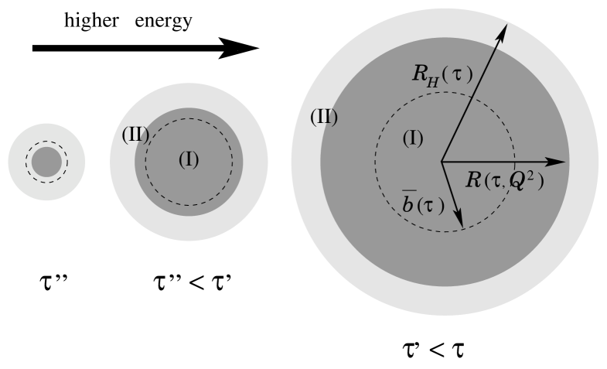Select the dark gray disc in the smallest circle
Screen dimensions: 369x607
[46, 162]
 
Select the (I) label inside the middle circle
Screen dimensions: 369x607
[189, 159]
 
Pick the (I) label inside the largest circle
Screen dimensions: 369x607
[414, 138]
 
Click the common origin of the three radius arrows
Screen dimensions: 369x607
[442, 162]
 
